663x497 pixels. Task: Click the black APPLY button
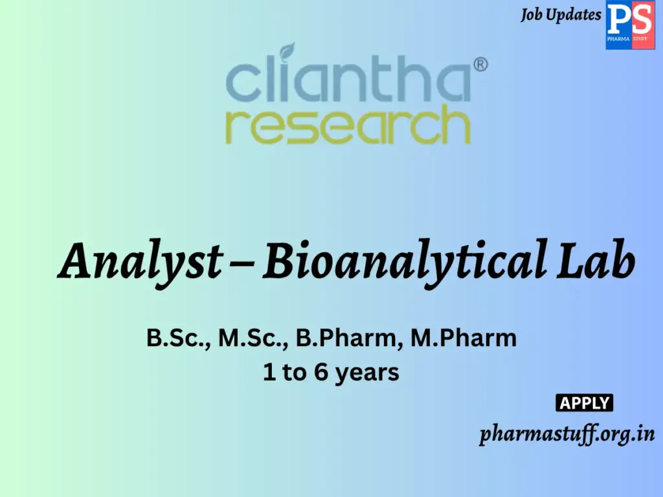585,403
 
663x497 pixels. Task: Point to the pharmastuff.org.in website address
567,434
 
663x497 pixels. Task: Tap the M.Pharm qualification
464,338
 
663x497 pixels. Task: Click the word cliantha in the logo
348,81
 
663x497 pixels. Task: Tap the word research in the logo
348,126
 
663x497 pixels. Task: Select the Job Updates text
561,15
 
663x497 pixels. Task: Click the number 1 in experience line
268,373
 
